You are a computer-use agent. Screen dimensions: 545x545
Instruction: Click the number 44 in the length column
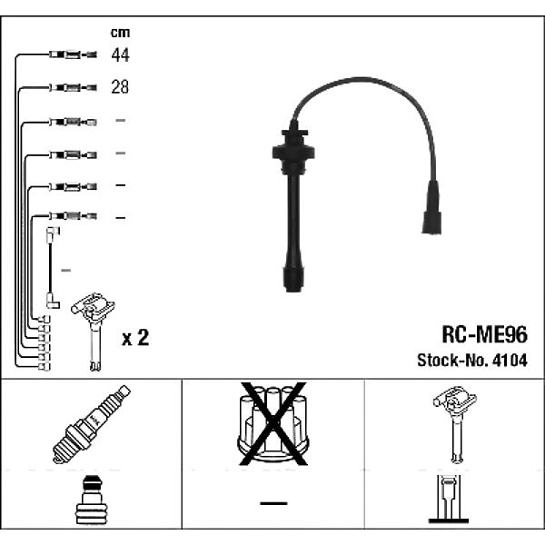120,54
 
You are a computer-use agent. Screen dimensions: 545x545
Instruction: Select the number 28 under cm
120,86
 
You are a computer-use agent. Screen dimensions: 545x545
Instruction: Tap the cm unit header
120,33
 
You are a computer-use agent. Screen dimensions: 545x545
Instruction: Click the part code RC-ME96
484,334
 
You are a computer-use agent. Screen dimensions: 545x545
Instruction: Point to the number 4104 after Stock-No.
510,360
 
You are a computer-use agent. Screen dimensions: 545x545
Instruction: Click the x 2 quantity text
135,338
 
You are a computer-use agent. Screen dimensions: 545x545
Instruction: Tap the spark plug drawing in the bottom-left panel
92,424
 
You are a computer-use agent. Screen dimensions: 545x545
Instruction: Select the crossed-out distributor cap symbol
273,424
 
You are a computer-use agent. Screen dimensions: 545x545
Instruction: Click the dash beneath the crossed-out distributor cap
273,503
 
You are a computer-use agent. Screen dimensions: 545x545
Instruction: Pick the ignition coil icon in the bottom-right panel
455,424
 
